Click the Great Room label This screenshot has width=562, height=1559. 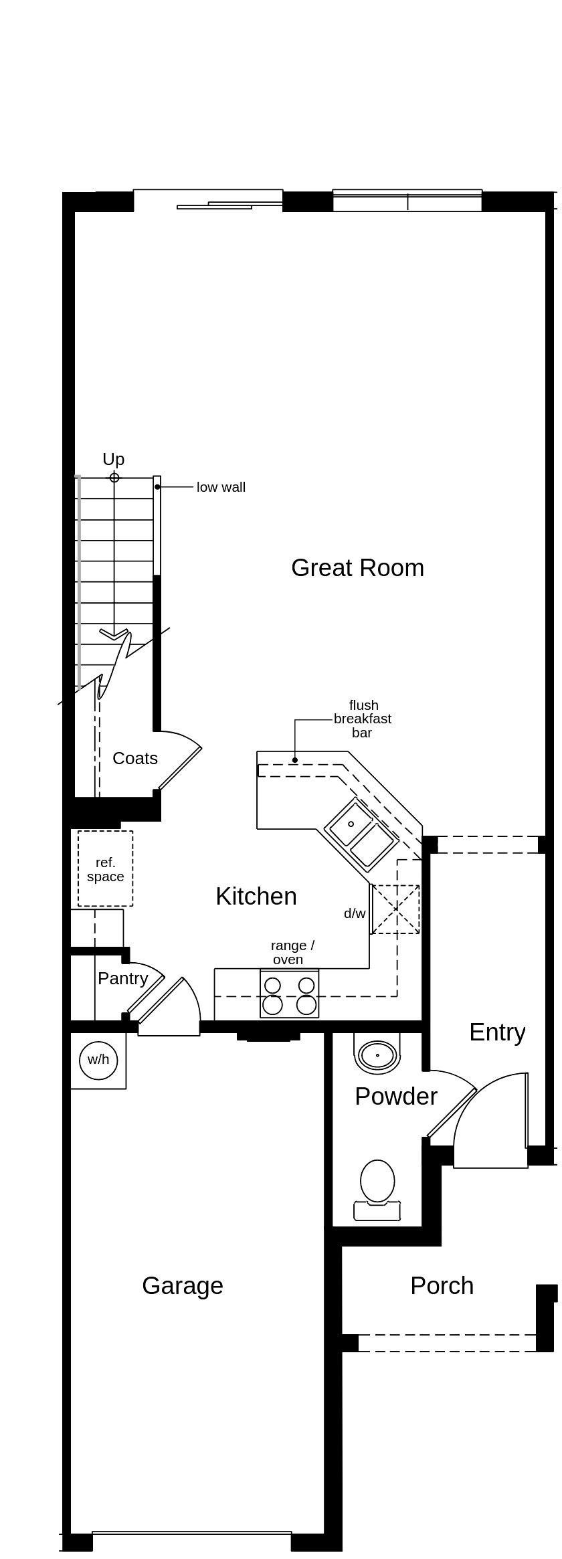click(x=357, y=568)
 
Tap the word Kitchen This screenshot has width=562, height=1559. click(x=256, y=897)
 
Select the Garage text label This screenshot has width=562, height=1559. click(x=182, y=1286)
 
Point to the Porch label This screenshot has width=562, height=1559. click(x=442, y=1286)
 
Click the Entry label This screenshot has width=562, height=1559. click(x=496, y=1032)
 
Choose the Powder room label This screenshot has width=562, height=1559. click(x=395, y=1097)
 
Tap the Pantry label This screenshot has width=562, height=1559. click(x=122, y=979)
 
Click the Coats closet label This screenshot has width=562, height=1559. click(x=134, y=759)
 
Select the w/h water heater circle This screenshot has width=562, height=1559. click(x=98, y=1060)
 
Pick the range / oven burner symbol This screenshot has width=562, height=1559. click(x=289, y=995)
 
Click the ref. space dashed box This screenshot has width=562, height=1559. click(x=105, y=869)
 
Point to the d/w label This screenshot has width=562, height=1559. click(x=355, y=914)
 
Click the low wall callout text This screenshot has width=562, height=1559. click(x=221, y=488)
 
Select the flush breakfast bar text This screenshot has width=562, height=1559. click(x=363, y=719)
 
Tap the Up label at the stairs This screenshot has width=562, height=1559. click(x=113, y=460)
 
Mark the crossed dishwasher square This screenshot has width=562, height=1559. click(x=395, y=909)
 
